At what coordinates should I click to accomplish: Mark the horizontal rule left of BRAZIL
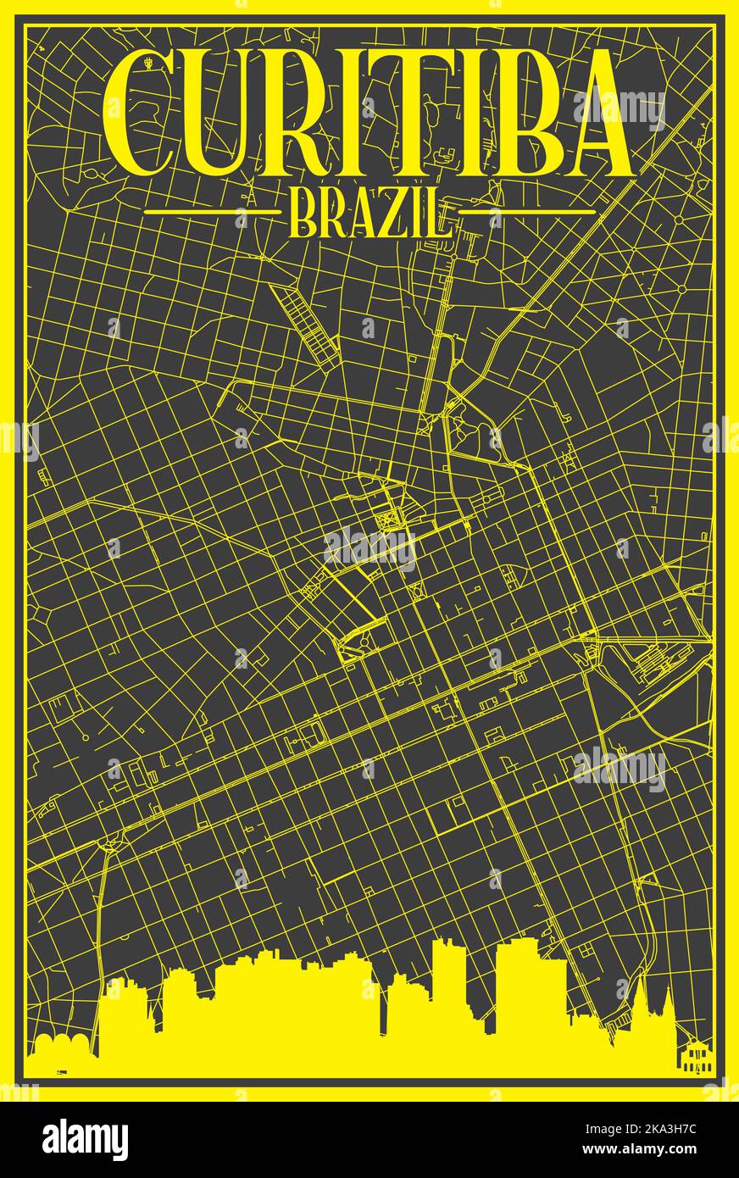click(x=211, y=211)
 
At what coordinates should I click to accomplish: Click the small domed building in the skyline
click(x=693, y=1056)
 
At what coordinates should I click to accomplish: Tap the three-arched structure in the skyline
click(x=61, y=1046)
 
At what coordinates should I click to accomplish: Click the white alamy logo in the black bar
click(x=85, y=1140)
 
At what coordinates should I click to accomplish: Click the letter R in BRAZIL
click(x=331, y=213)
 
